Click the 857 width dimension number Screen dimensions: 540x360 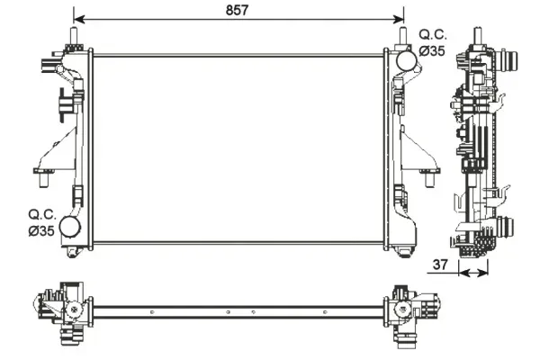pos(237,10)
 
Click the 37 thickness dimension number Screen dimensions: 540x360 pos(440,265)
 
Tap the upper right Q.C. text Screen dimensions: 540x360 pos(433,35)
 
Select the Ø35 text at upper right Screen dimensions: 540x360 pos(432,51)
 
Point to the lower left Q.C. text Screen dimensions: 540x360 pos(42,214)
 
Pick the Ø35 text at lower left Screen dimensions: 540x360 pos(41,230)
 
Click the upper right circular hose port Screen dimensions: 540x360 pos(407,60)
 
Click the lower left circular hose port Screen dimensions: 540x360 pos(70,227)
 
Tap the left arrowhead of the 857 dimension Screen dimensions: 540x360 pos(79,19)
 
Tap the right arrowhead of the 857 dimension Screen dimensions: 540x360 pos(398,19)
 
